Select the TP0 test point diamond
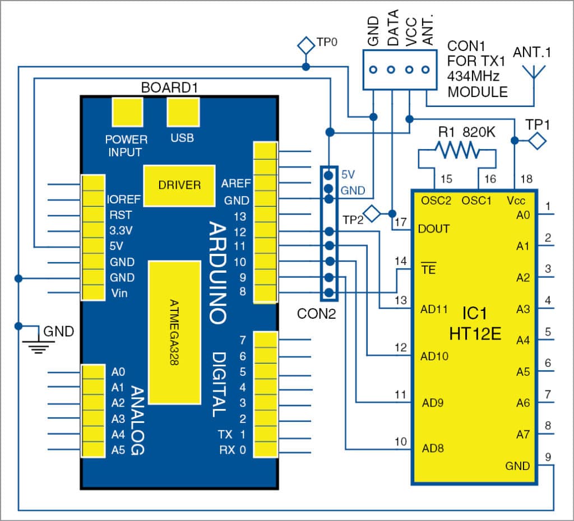(305, 44)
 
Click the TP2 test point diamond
(372, 213)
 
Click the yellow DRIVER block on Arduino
(179, 185)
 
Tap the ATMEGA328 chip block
(174, 332)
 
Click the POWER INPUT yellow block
(127, 114)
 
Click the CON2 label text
(317, 314)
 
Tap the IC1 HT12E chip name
(474, 325)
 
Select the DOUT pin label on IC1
(434, 229)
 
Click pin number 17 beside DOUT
(400, 222)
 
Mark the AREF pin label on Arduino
(236, 183)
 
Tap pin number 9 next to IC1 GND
(548, 456)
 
